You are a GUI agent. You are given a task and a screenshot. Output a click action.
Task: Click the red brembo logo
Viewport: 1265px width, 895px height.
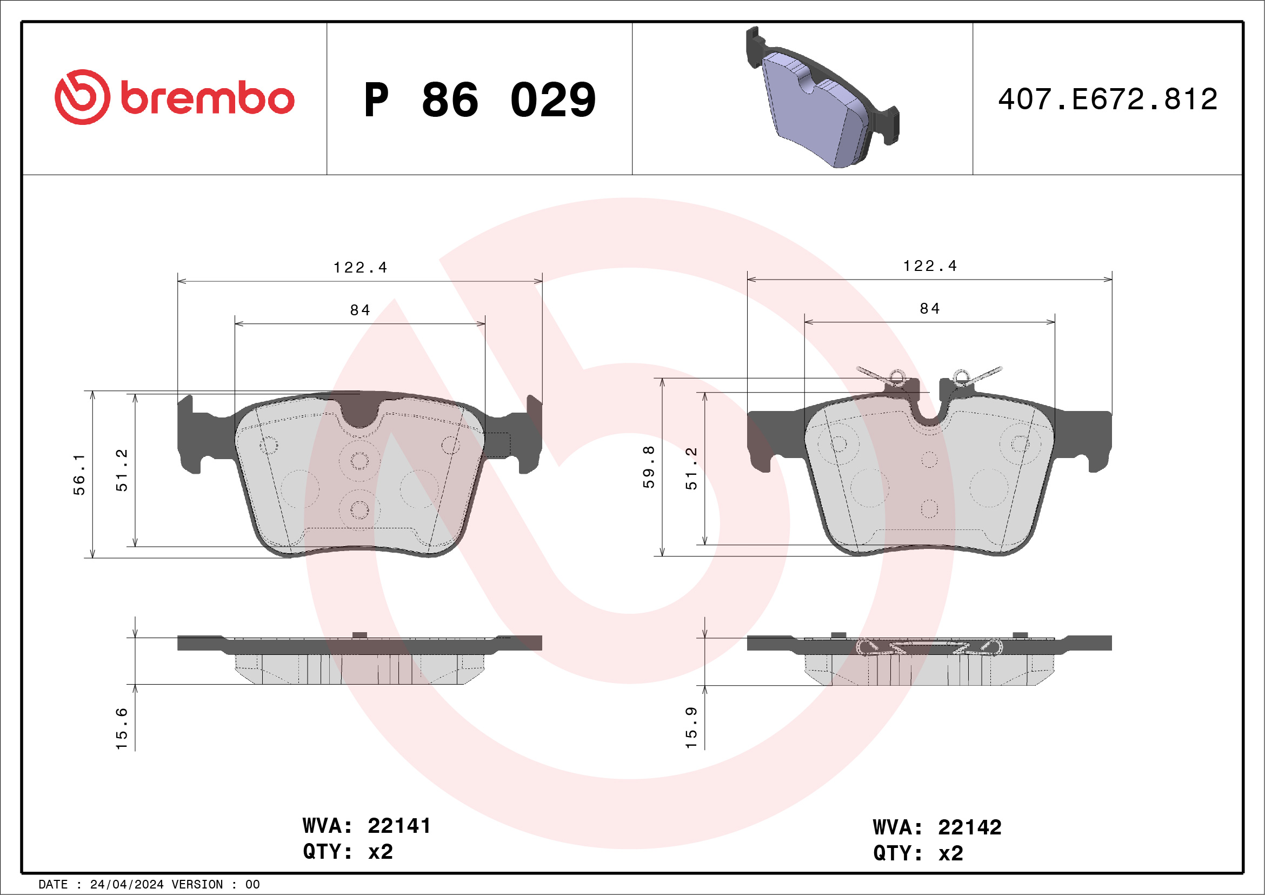coord(174,97)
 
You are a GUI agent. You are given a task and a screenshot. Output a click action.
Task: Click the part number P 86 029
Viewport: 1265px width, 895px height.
coord(480,100)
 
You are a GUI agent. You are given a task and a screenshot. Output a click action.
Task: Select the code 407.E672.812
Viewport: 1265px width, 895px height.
coord(1108,99)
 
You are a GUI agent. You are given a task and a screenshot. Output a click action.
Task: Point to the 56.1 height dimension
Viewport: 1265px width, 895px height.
coord(79,474)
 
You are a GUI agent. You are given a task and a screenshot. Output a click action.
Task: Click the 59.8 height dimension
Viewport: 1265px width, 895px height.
coord(649,467)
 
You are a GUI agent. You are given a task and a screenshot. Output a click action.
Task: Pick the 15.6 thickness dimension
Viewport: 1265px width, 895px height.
coord(122,728)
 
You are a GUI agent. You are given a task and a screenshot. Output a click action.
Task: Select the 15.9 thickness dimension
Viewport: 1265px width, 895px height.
coord(691,727)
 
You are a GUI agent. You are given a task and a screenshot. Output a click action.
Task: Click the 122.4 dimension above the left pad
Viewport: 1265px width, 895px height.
coord(361,268)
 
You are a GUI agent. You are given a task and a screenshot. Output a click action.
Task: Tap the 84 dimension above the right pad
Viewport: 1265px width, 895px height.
coord(930,309)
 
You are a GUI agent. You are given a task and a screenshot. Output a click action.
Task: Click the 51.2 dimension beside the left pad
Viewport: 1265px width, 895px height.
coord(122,470)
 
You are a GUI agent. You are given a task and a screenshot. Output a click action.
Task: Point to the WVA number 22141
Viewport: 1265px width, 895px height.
coord(399,826)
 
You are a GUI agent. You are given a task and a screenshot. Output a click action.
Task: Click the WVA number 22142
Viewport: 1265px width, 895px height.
coord(969,827)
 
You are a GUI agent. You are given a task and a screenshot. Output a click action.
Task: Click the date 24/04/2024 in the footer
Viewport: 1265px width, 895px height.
coord(126,885)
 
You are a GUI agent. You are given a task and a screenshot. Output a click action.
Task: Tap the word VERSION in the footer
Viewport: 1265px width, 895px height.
coord(197,885)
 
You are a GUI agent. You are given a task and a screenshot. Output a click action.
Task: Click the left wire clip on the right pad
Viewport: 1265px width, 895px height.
coord(885,376)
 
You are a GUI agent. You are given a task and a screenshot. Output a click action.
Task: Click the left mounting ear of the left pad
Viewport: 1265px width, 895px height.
coord(193,435)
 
